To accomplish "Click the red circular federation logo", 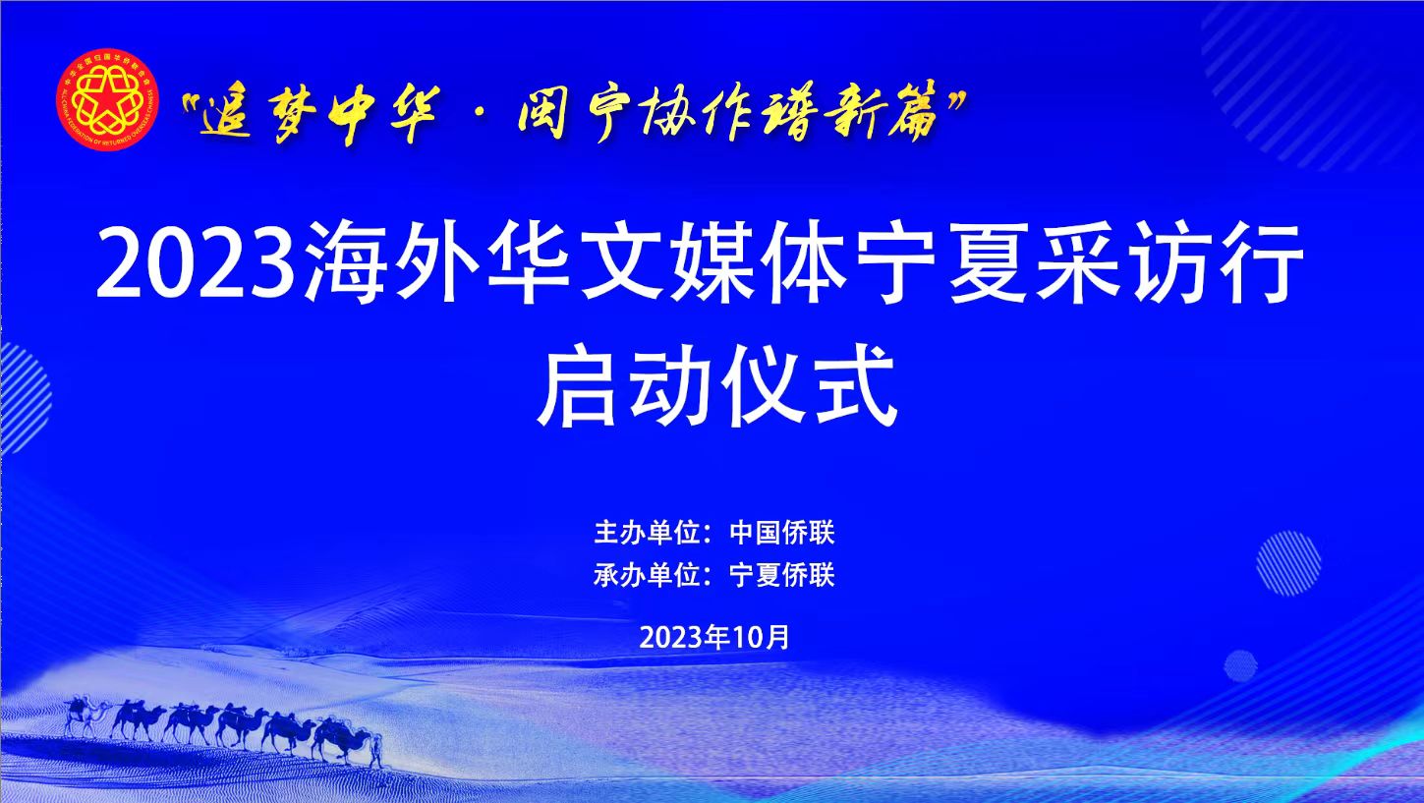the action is tap(107, 100).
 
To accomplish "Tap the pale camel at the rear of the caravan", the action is tap(85, 717).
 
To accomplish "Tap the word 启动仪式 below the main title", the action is tap(717, 385).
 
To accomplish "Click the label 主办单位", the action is tap(647, 533).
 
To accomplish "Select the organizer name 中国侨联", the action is tap(782, 533).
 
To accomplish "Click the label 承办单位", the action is tap(647, 575).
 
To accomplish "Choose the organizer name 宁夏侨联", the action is tap(782, 575).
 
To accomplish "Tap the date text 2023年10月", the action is tap(714, 637).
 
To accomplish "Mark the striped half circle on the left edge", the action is tap(26, 398).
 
